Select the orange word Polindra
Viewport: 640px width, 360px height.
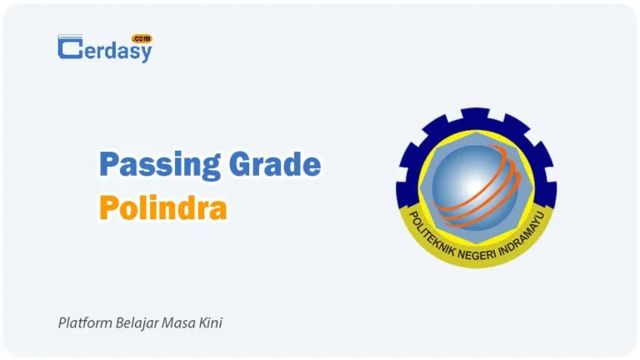click(162, 207)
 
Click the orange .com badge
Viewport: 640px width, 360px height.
click(141, 38)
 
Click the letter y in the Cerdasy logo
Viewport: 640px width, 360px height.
click(146, 52)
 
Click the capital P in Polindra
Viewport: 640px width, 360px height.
click(107, 207)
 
